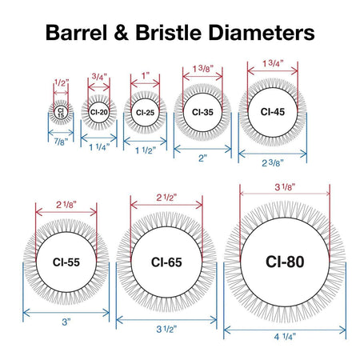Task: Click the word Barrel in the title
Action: click(x=77, y=33)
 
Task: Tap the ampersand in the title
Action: click(x=122, y=33)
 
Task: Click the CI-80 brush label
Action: click(x=285, y=262)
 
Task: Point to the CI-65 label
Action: click(x=166, y=262)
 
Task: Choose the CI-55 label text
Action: click(x=66, y=262)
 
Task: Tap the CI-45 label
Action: click(x=273, y=112)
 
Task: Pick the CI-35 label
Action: click(x=202, y=112)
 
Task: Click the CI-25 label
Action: click(x=145, y=113)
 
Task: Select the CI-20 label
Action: click(x=99, y=112)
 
